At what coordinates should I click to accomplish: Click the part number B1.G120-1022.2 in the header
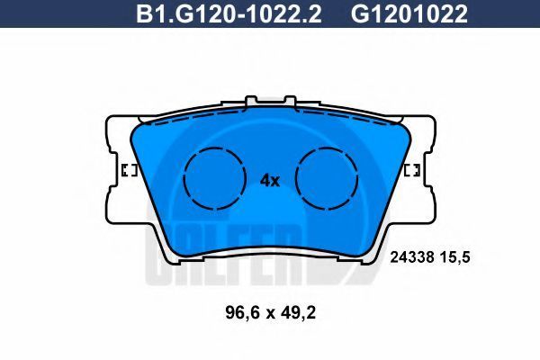tap(229, 14)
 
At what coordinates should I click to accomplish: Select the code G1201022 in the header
tap(409, 14)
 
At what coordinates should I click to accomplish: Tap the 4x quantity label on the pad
tap(270, 181)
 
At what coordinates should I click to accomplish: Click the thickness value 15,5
tap(458, 257)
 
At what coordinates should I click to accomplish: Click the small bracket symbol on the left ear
tap(130, 170)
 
